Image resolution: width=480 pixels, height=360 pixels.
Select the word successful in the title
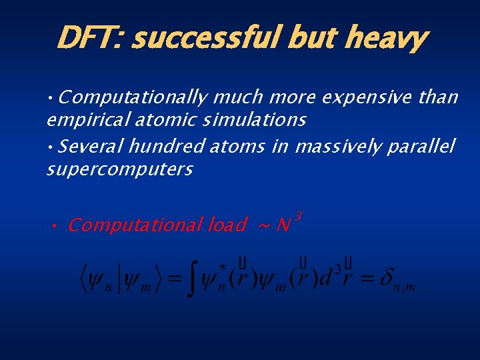tap(207, 38)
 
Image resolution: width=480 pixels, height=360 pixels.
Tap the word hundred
tap(167, 145)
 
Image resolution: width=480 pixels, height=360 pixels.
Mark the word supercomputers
tap(119, 169)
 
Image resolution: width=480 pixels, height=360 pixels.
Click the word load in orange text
tap(227, 225)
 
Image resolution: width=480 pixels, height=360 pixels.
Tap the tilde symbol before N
tap(263, 227)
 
